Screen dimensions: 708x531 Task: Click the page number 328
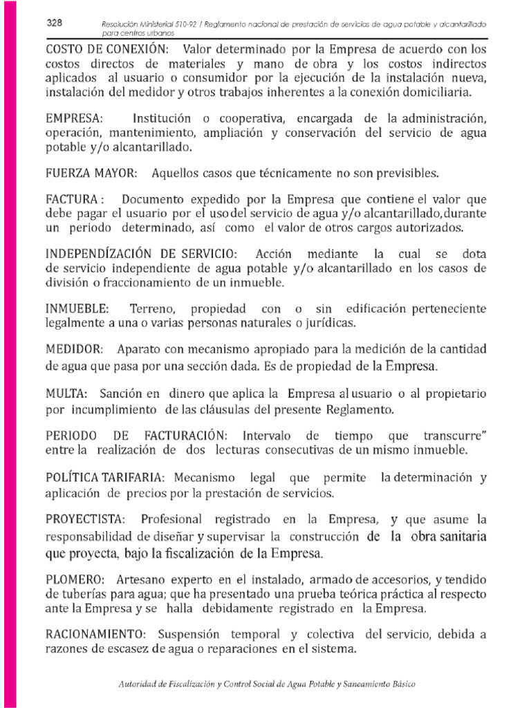[x=55, y=23]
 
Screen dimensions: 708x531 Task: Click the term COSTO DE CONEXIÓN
[x=106, y=50]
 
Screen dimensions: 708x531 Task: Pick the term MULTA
[x=66, y=394]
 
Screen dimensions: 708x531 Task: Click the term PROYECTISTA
[x=85, y=519]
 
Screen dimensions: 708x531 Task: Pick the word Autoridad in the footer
[x=139, y=684]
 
